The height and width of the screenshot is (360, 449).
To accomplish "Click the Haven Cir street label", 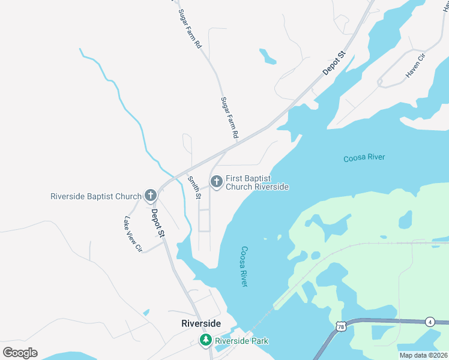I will pyautogui.click(x=415, y=65).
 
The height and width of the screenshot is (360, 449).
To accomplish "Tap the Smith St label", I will pyautogui.click(x=194, y=187).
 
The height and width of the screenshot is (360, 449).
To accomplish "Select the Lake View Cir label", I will pyautogui.click(x=133, y=234).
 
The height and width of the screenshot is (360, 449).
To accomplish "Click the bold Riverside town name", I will pyautogui.click(x=201, y=323).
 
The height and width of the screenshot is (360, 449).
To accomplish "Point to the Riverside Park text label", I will pyautogui.click(x=242, y=341).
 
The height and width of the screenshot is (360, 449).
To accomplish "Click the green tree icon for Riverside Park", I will pyautogui.click(x=206, y=341).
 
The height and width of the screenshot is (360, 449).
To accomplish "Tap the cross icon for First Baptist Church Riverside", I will pyautogui.click(x=215, y=180).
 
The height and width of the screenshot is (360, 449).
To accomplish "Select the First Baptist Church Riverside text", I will pyautogui.click(x=257, y=182).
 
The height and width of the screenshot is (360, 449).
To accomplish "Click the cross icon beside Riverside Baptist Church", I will pyautogui.click(x=151, y=196).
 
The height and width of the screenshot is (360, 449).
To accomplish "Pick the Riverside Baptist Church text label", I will pyautogui.click(x=96, y=196).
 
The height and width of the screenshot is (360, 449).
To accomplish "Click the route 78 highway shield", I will pyautogui.click(x=341, y=326).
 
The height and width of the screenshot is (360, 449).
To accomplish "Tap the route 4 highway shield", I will pyautogui.click(x=430, y=322).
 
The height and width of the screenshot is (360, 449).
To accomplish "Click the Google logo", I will pyautogui.click(x=20, y=353).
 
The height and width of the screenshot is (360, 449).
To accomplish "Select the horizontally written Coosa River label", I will pyautogui.click(x=364, y=158).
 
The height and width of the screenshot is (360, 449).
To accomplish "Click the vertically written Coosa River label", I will pyautogui.click(x=244, y=266).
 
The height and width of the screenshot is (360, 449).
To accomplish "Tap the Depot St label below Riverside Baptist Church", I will pyautogui.click(x=157, y=223).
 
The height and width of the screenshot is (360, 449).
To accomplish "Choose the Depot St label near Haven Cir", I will pyautogui.click(x=335, y=63).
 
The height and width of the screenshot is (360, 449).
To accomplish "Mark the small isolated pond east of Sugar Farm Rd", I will pyautogui.click(x=267, y=56).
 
